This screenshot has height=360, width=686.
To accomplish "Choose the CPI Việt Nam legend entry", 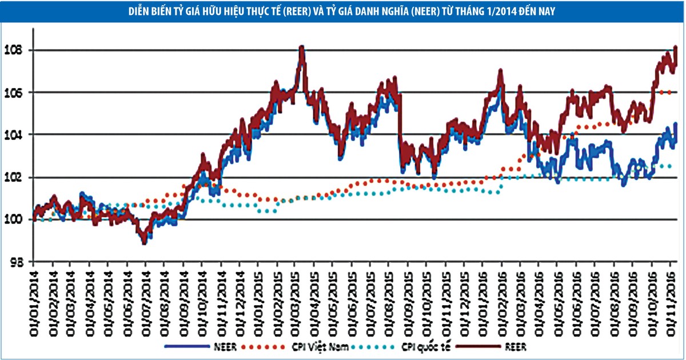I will click(328, 346).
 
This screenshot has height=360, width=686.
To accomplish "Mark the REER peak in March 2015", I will click(302, 47).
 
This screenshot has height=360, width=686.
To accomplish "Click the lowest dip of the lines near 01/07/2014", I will click(144, 242).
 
